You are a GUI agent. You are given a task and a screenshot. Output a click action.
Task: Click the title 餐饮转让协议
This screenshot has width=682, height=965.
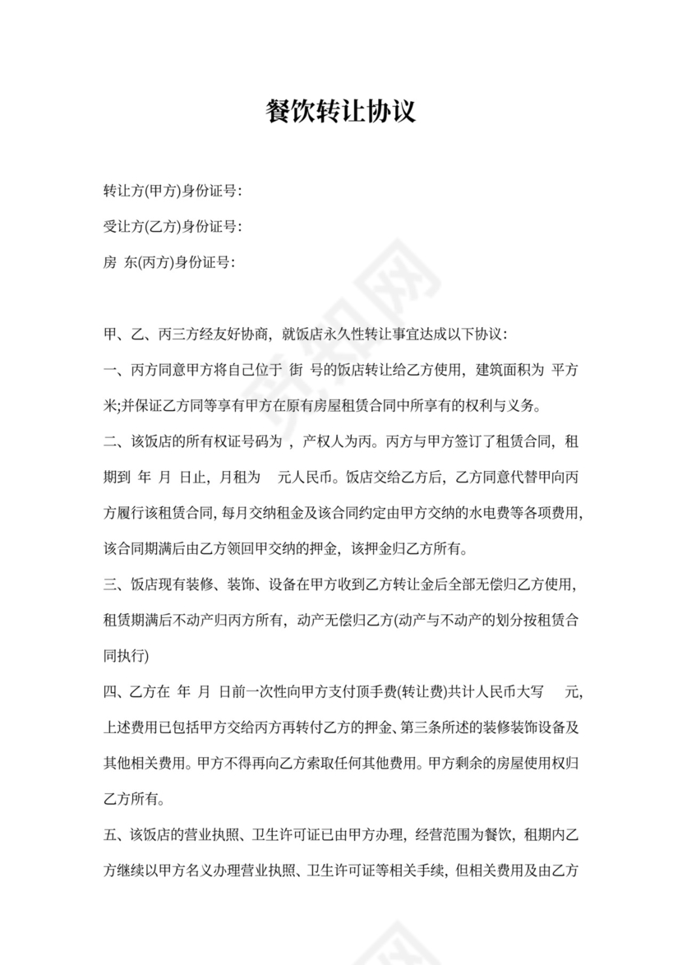point(341,111)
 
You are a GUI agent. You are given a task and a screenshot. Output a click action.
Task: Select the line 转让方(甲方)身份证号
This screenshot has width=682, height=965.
point(172,192)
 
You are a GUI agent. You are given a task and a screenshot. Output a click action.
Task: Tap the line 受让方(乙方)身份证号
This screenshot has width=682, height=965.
point(172,227)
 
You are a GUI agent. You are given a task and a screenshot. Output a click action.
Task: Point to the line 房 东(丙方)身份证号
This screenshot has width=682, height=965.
point(169,262)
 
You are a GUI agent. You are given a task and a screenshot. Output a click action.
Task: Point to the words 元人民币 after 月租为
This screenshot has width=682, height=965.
point(307,477)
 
